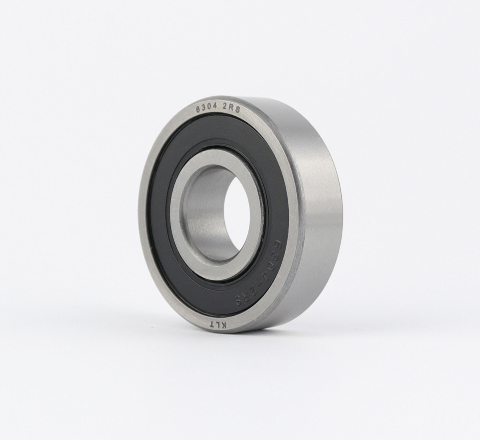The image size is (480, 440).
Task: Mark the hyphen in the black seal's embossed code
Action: coord(261,281)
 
